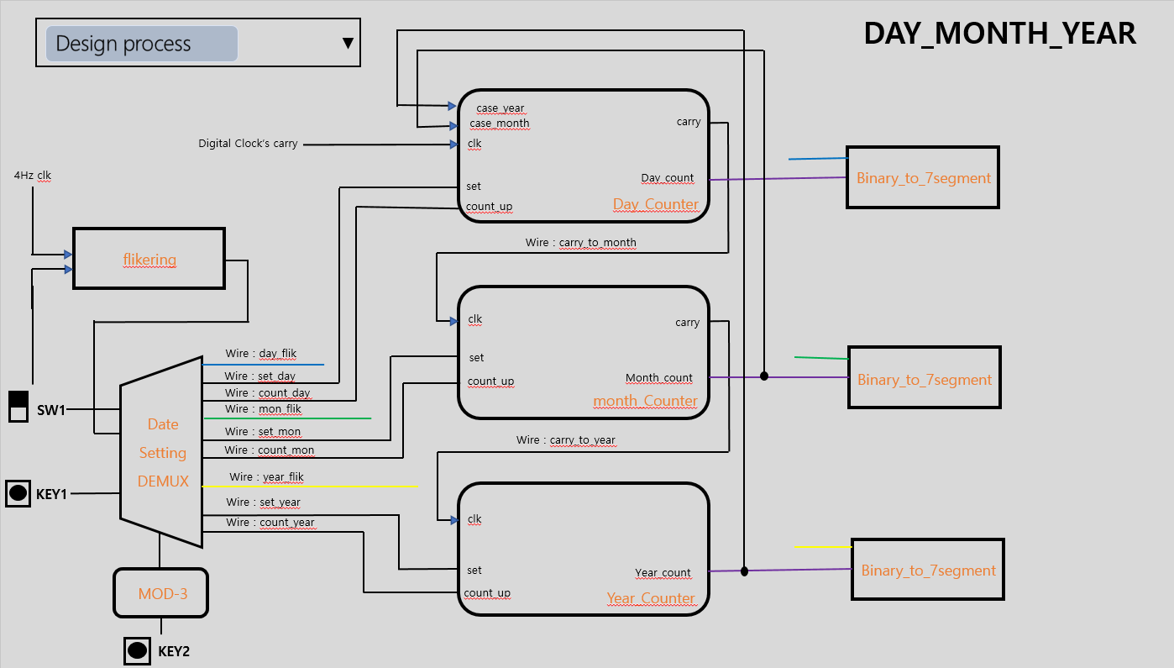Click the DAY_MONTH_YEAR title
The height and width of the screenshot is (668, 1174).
tap(999, 34)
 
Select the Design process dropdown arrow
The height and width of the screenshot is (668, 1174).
tap(348, 44)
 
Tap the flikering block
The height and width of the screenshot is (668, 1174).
tap(149, 259)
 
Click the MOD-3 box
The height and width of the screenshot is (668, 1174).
tap(161, 594)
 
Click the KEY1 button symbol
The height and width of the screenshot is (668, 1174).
tap(18, 493)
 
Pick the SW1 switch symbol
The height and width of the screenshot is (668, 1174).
tap(18, 407)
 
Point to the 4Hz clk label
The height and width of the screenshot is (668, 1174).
tap(33, 176)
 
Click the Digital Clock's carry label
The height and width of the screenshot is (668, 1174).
tap(248, 144)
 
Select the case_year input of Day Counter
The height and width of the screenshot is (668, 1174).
tap(500, 108)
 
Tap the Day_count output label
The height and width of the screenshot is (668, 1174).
tap(668, 178)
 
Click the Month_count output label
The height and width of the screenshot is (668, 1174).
tap(659, 378)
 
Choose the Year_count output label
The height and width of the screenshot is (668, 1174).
tap(663, 573)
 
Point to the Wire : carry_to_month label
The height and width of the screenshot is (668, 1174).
tap(581, 243)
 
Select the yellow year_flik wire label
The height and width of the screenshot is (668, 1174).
tap(266, 477)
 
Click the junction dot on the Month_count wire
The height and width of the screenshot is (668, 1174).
tap(764, 376)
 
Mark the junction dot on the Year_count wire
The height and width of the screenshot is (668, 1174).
tap(744, 571)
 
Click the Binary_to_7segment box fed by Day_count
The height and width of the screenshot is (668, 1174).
tap(922, 178)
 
